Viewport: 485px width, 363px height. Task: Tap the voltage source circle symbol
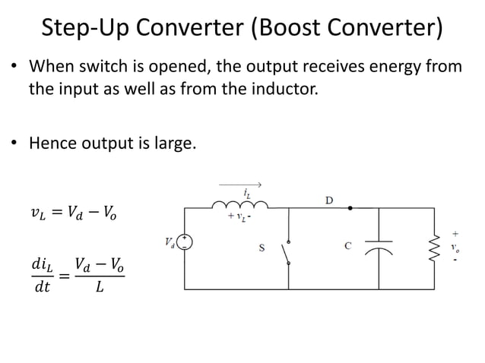click(x=185, y=242)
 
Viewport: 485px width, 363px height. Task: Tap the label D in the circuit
click(x=329, y=200)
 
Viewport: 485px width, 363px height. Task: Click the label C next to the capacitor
click(x=347, y=245)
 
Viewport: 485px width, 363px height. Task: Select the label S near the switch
click(x=262, y=246)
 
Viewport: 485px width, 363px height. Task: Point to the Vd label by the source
click(x=169, y=242)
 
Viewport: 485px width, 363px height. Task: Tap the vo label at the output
click(x=455, y=247)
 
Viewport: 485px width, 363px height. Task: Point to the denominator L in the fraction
click(x=100, y=288)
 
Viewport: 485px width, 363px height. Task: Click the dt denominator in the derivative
click(x=40, y=288)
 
